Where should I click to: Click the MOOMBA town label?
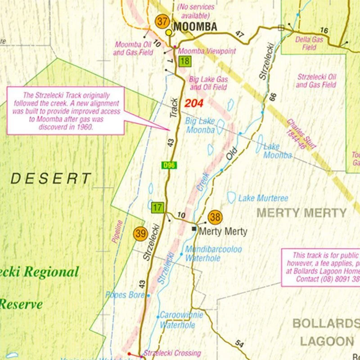click(195, 27)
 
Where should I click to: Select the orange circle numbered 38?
click(215, 218)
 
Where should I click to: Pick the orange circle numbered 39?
click(140, 234)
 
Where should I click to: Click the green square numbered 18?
click(184, 61)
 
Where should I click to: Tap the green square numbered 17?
click(157, 208)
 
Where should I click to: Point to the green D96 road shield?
click(169, 166)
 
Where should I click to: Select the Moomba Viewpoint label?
click(207, 51)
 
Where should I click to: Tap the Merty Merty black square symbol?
click(194, 229)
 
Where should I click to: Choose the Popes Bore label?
click(125, 295)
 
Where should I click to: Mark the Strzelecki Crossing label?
click(172, 353)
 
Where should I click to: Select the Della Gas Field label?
click(309, 43)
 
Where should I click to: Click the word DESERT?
click(51, 179)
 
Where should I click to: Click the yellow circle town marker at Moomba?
click(169, 32)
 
